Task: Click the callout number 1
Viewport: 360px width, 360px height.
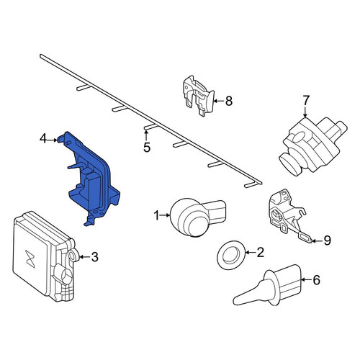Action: [x=156, y=215]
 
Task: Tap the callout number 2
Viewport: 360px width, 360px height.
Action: [x=261, y=252]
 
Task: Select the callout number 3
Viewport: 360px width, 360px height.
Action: [x=95, y=257]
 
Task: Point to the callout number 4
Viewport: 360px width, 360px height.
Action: [x=43, y=138]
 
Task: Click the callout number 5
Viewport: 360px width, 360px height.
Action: [x=147, y=147]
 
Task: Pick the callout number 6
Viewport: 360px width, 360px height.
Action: [x=317, y=280]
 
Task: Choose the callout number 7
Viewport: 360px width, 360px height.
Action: [x=306, y=100]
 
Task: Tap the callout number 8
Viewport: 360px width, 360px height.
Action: [x=229, y=101]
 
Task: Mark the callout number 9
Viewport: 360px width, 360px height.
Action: [x=328, y=240]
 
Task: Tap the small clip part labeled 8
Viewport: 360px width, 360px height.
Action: [x=197, y=96]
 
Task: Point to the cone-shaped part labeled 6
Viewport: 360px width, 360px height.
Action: [x=267, y=285]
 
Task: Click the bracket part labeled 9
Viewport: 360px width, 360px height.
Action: [x=286, y=214]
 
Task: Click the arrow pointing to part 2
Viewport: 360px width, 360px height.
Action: [x=251, y=252]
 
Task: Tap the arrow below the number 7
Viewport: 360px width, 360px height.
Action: [x=305, y=112]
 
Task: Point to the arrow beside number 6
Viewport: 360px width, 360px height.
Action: [x=307, y=280]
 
